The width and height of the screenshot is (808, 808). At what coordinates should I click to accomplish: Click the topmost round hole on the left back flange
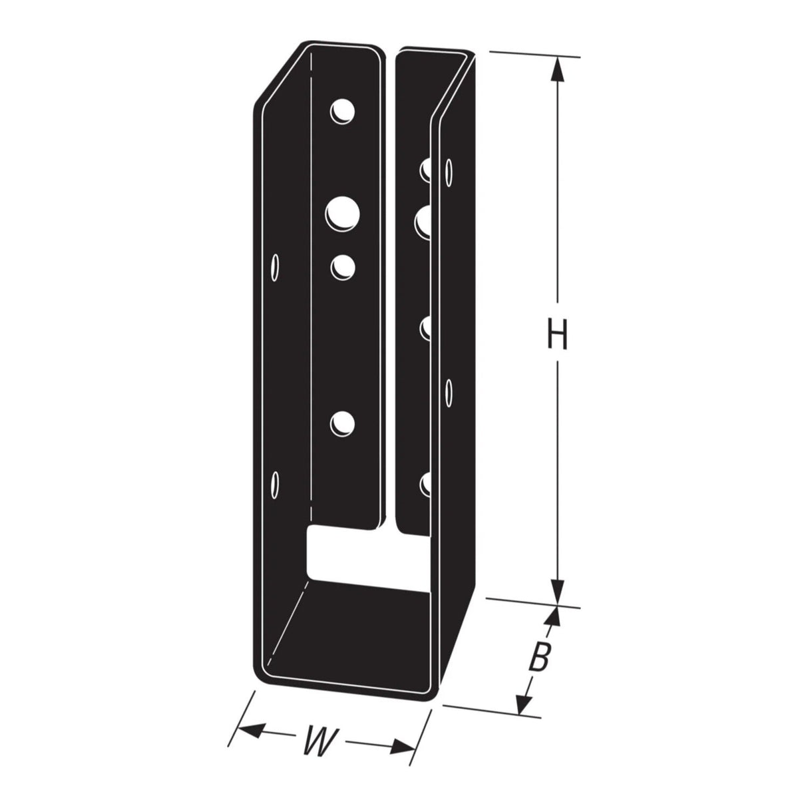click(x=343, y=112)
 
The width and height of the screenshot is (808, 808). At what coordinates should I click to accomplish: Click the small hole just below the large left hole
click(x=343, y=267)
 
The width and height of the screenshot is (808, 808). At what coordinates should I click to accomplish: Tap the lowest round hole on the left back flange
click(x=343, y=424)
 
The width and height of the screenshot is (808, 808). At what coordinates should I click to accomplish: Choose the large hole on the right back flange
click(x=424, y=221)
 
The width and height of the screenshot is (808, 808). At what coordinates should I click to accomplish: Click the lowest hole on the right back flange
click(x=427, y=483)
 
